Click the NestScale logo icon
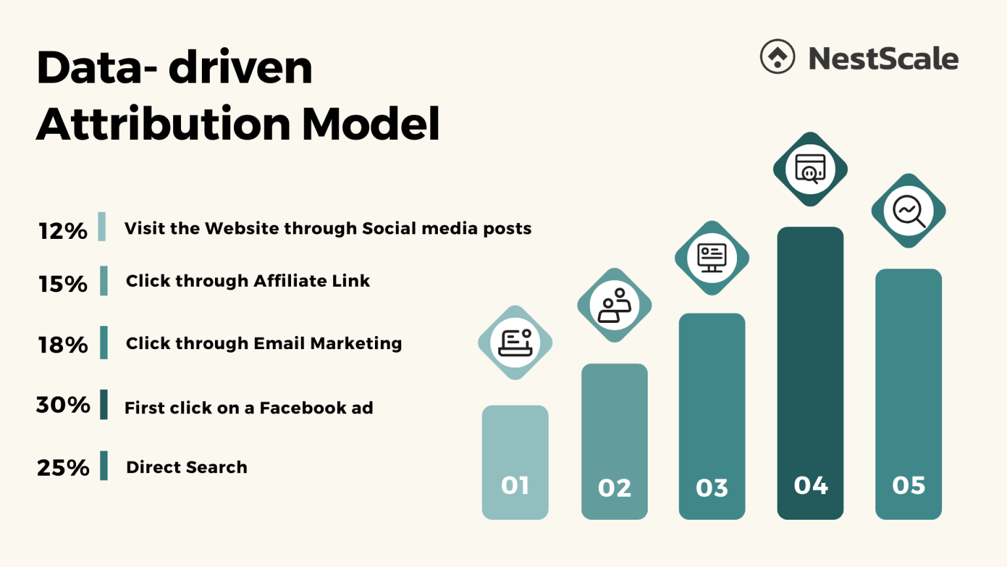778,56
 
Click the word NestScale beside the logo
883,58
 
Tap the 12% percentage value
63,231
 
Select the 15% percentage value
63,284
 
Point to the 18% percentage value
63,345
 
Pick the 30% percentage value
63,405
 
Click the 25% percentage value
63,468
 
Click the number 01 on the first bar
515,486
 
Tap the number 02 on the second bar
614,488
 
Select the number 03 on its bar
712,488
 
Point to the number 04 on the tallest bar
811,486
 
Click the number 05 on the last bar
909,486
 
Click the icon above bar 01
515,343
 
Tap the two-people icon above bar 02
614,305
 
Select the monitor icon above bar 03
712,258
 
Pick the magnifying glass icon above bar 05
909,211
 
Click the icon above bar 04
810,169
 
